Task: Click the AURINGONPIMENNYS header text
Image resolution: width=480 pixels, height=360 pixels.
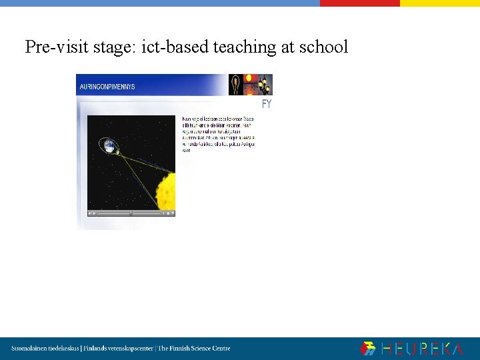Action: coord(107,87)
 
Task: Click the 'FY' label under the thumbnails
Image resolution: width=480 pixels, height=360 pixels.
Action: coord(267,105)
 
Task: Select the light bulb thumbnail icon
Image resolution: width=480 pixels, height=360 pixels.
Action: coord(235,84)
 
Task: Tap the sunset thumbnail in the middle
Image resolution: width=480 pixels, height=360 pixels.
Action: coord(251,84)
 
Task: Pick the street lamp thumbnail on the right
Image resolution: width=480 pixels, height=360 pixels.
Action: coord(265,84)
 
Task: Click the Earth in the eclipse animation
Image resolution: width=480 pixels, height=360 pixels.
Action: coord(108,145)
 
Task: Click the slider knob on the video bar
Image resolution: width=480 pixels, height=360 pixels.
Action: coord(131,213)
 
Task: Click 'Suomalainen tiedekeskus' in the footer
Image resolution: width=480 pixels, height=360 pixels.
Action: coord(45,349)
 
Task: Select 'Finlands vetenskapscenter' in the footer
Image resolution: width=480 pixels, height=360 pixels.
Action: coord(117,349)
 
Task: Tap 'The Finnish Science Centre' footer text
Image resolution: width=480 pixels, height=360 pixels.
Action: coord(194,349)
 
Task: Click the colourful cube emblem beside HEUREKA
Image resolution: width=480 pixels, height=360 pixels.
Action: coord(368,349)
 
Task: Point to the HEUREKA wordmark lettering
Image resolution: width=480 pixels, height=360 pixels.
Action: coord(421,349)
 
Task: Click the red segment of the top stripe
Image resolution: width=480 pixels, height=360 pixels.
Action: coord(359,3)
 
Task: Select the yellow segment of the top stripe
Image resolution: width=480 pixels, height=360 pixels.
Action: coord(439,3)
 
